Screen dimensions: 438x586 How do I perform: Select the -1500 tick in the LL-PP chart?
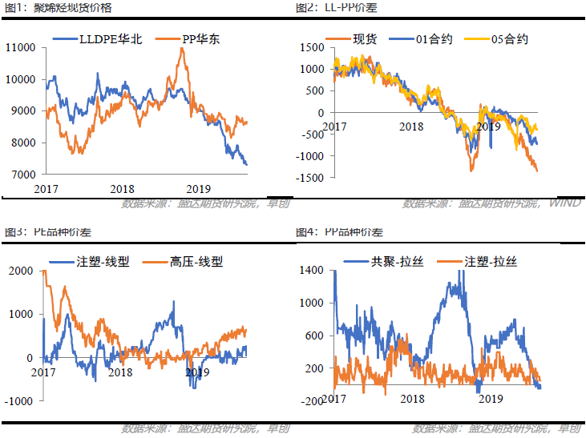[x=306, y=177]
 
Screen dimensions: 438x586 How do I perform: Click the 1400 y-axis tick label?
[x=312, y=271]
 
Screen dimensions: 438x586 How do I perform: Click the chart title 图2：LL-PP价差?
[x=337, y=8]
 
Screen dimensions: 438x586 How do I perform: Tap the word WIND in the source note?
[x=564, y=203]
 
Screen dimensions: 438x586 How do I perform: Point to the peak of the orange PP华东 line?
[x=183, y=49]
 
